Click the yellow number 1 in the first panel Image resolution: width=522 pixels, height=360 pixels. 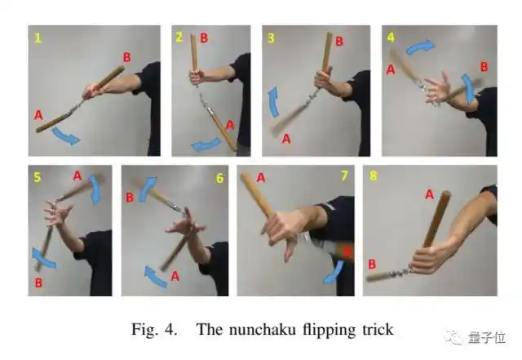click(x=38, y=38)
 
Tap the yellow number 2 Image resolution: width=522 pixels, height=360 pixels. click(x=179, y=37)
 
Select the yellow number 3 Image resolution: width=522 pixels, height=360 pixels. click(x=271, y=38)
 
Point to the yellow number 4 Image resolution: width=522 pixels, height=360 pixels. click(x=391, y=37)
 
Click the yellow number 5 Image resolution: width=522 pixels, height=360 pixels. click(x=38, y=177)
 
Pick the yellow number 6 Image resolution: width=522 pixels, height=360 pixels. click(x=220, y=178)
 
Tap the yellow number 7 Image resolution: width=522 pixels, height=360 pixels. click(x=344, y=176)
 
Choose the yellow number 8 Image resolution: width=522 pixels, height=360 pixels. click(x=374, y=176)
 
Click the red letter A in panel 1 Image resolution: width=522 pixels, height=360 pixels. click(x=38, y=115)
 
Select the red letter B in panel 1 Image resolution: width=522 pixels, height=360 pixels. click(x=127, y=57)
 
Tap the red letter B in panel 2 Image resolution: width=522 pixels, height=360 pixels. click(x=204, y=38)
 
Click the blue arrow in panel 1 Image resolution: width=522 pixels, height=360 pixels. click(x=66, y=136)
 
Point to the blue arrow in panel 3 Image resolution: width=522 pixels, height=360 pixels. click(x=274, y=102)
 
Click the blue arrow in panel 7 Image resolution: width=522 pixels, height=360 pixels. click(x=334, y=273)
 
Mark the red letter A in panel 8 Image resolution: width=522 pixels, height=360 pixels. click(x=430, y=194)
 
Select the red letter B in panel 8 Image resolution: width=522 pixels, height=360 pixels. click(x=372, y=264)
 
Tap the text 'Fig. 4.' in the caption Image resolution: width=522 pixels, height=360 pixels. click(x=154, y=330)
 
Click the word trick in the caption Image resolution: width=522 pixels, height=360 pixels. click(x=378, y=329)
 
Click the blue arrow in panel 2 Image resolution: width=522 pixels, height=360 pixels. click(x=206, y=145)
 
